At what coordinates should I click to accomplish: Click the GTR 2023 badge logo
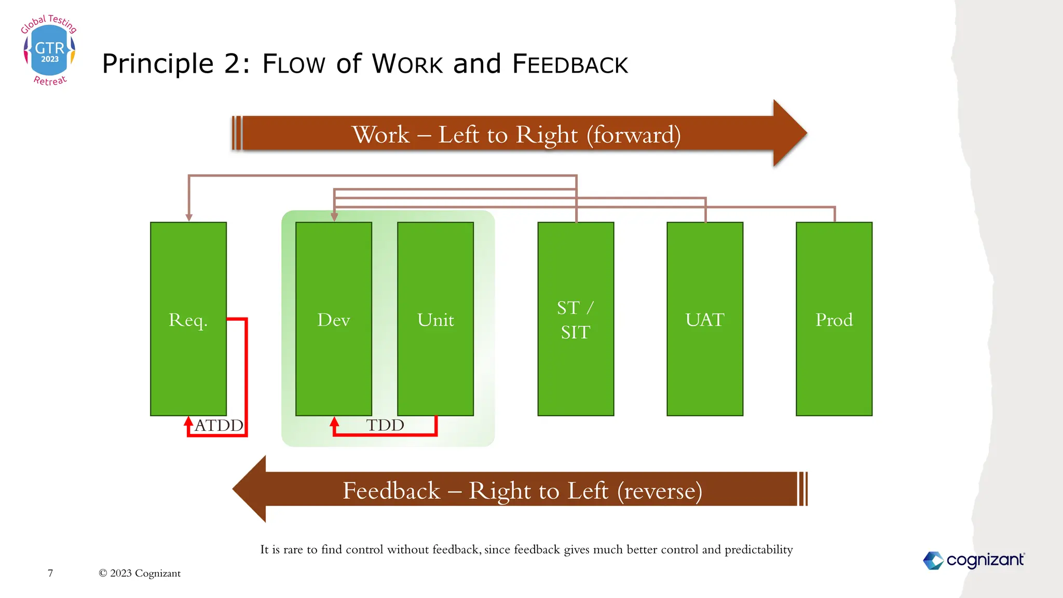pyautogui.click(x=49, y=50)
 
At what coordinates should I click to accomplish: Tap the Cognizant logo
pyautogui.click(x=974, y=560)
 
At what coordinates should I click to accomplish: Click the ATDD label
pyautogui.click(x=219, y=425)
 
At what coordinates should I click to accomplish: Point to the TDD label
pyautogui.click(x=385, y=425)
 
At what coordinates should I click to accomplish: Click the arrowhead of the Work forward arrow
pyautogui.click(x=789, y=133)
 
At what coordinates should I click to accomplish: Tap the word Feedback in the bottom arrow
pyautogui.click(x=391, y=491)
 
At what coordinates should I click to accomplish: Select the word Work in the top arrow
pyautogui.click(x=381, y=134)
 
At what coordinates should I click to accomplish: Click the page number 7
pyautogui.click(x=50, y=573)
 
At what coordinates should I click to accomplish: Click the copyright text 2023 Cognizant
pyautogui.click(x=140, y=573)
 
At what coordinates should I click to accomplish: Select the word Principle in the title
pyautogui.click(x=158, y=64)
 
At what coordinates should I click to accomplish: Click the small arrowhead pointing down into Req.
pyautogui.click(x=189, y=218)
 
